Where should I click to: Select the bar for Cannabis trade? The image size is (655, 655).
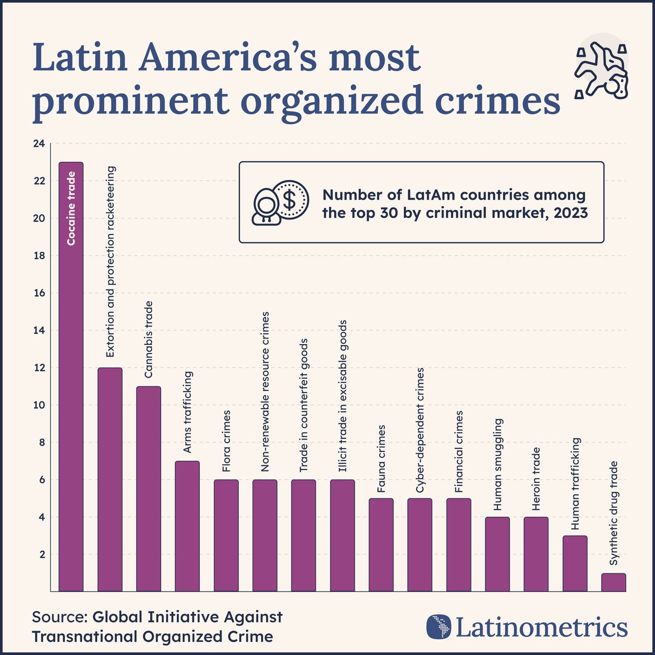tap(149, 489)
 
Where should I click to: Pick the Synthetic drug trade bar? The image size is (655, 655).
tap(613, 583)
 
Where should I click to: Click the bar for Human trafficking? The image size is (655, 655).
tap(575, 563)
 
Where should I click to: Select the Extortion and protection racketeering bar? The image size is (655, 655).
tap(110, 479)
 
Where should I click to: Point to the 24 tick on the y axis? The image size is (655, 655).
tap(39, 144)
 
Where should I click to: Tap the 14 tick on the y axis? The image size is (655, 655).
tap(39, 331)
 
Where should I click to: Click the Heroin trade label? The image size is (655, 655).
tap(536, 479)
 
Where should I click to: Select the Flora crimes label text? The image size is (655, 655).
tap(226, 441)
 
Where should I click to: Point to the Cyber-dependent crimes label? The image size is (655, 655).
tap(420, 430)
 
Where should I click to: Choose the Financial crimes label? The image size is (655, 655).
tap(459, 452)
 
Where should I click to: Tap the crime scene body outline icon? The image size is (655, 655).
tap(601, 71)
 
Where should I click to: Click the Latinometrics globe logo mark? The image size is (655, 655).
tap(439, 627)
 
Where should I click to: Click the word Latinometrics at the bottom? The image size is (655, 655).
tap(541, 627)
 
